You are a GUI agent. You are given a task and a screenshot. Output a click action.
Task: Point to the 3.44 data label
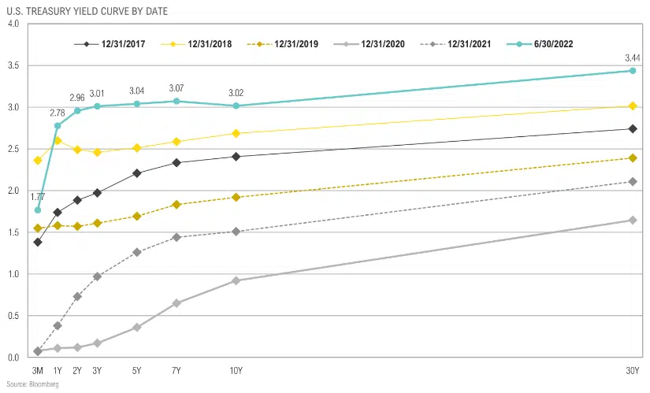(632, 57)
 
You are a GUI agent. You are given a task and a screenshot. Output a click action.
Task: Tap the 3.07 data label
(176, 88)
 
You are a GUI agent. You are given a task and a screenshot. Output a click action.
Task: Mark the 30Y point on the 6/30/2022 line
(632, 71)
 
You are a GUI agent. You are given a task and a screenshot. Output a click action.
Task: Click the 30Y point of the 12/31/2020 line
(632, 220)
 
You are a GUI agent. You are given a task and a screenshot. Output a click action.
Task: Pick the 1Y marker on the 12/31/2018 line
(58, 140)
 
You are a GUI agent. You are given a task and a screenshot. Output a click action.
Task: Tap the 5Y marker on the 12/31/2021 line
(137, 252)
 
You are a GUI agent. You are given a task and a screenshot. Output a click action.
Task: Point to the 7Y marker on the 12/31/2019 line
(176, 205)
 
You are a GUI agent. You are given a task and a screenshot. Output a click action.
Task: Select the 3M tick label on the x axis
(38, 370)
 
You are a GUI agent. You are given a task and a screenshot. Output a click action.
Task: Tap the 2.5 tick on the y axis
(13, 149)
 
